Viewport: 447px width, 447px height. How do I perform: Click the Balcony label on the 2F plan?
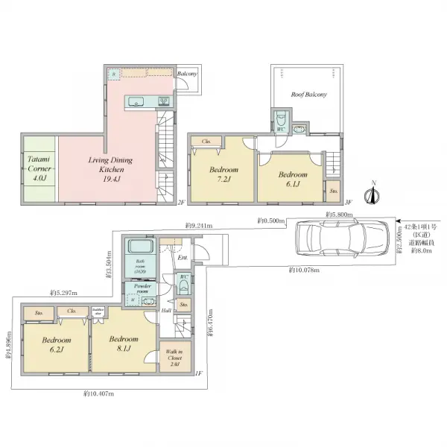pos(187,74)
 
